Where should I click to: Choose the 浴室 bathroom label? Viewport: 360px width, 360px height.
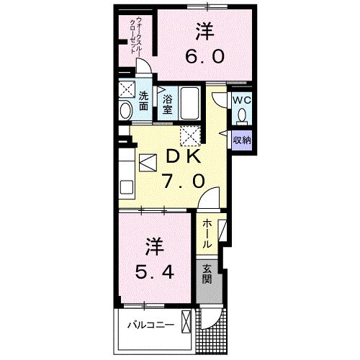tap(167, 105)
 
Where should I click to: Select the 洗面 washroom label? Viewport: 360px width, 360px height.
tap(143, 100)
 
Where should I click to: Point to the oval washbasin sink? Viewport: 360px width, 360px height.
tap(126, 109)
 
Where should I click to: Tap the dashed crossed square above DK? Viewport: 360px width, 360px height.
tap(191, 135)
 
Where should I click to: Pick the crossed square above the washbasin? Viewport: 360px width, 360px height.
tap(126, 90)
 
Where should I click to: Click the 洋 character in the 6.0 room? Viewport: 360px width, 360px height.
tap(204, 32)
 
